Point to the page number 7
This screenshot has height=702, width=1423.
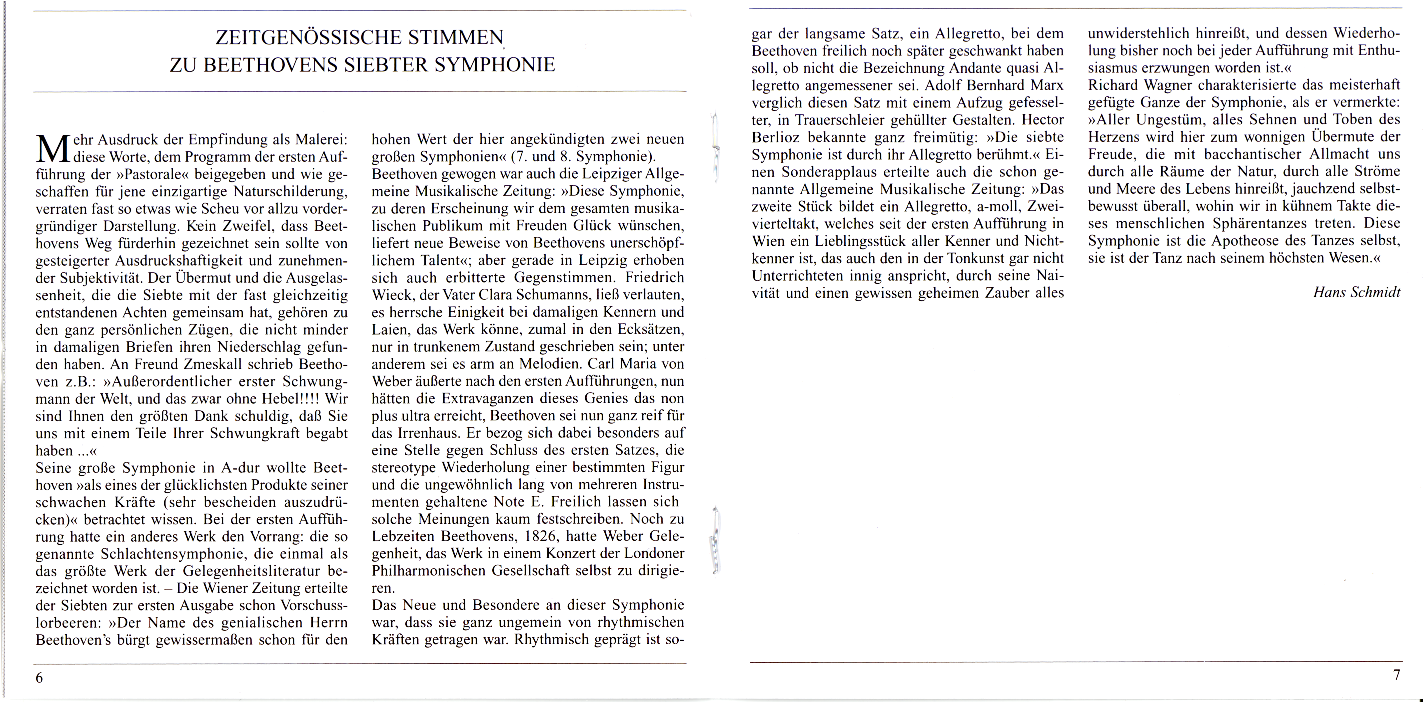[x=1397, y=675]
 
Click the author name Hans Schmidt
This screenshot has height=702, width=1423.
[x=1357, y=292]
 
